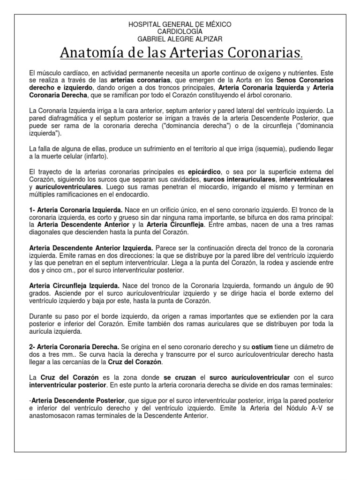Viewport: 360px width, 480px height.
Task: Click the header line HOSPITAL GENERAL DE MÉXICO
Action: coord(180,24)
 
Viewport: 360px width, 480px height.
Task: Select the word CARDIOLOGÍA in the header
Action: coord(180,31)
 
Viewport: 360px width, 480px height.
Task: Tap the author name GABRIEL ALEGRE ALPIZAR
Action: coord(180,39)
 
